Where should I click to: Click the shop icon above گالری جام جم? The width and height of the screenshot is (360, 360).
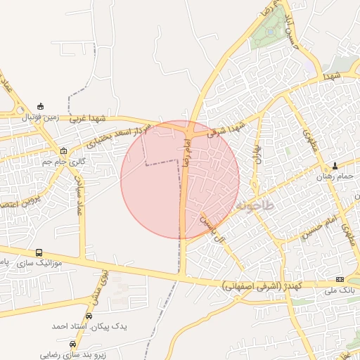tap(64, 151)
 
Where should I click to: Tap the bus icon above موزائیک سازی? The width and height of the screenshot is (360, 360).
tap(39, 252)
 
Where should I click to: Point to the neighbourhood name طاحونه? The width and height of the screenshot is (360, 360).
tap(253, 206)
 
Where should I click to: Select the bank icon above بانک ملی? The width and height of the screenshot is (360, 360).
tap(340, 279)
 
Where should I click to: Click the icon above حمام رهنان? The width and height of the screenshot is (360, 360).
tap(335, 167)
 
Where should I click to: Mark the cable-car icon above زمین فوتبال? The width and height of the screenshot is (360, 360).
tap(40, 107)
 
